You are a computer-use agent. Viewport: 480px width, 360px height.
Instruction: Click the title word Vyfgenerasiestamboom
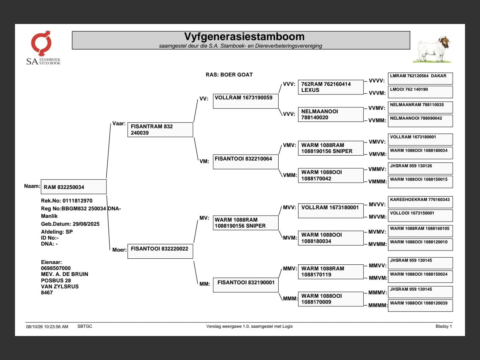coord(244,37)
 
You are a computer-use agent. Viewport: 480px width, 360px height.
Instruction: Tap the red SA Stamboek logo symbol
coord(41,43)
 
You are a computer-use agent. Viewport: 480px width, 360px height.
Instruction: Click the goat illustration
coord(432,49)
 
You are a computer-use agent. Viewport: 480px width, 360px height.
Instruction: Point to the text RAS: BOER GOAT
coord(229,75)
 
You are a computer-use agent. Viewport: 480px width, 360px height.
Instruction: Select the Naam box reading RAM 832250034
coord(74,187)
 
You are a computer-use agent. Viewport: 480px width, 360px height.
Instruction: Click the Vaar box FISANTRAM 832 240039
coord(160,130)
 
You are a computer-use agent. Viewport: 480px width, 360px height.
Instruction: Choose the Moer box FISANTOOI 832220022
coord(160,251)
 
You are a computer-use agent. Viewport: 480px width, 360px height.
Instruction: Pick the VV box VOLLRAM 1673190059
coord(246,101)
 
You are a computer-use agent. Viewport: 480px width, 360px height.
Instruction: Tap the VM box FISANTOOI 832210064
coord(246,162)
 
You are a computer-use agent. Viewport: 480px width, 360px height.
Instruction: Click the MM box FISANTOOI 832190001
coord(246,285)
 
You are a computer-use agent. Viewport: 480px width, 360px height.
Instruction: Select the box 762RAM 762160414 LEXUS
coord(331,87)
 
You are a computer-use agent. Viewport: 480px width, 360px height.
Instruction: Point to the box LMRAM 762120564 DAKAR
coord(420,78)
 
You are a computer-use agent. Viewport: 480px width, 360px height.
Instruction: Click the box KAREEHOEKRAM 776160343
coord(420,202)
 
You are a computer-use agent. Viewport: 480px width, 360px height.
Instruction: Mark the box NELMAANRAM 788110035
coord(420,107)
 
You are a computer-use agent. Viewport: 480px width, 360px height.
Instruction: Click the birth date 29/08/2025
coord(86,224)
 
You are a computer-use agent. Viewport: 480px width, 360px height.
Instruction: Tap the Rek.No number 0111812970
coord(77,201)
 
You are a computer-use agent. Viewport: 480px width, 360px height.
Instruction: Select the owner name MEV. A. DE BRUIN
coord(64,274)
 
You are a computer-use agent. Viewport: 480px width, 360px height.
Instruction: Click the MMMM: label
coord(378,305)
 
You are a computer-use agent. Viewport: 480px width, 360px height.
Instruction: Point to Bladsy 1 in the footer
coord(444,326)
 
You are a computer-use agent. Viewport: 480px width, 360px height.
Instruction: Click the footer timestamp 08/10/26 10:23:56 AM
coord(47,327)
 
